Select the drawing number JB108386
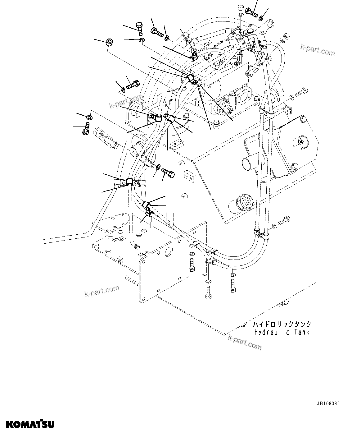pos(328,404)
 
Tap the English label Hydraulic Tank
pos(282,332)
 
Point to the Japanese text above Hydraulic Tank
pos(282,324)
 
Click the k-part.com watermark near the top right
pos(318,49)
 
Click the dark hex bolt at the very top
pos(251,12)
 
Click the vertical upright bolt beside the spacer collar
pos(139,29)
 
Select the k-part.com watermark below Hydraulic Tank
pos(245,342)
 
